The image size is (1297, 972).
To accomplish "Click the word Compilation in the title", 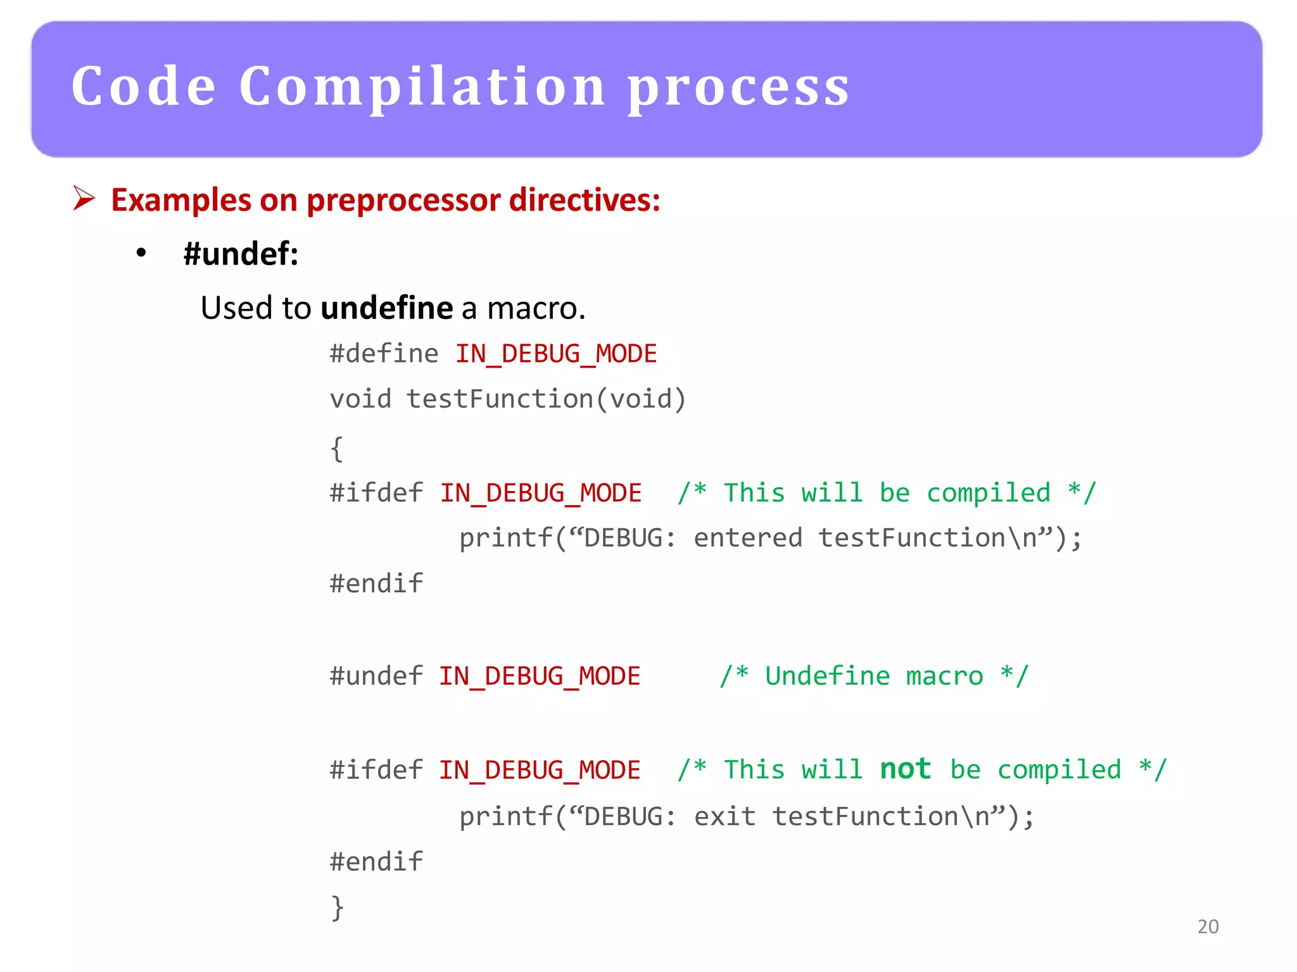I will (422, 87).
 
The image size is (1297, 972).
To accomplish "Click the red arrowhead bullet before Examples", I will (84, 198).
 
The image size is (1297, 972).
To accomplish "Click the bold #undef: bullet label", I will (241, 254).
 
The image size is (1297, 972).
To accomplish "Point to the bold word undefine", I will (387, 308).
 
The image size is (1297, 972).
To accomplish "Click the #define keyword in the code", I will (384, 354).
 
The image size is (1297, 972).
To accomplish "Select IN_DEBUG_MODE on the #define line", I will (556, 354).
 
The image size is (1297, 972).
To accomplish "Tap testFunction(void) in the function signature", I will (546, 399).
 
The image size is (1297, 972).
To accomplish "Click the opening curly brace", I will (337, 449).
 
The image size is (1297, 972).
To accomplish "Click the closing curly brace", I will (337, 907).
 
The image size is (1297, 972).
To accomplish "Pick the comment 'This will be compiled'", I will (887, 493).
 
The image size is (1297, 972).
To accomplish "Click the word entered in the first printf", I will (748, 538).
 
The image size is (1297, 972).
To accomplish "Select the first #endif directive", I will (376, 583).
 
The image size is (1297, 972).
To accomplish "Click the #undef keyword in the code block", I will (376, 676).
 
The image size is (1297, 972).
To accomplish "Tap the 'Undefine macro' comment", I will (874, 676).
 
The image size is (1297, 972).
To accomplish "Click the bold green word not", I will (905, 769).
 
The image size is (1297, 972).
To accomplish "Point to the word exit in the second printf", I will (724, 816).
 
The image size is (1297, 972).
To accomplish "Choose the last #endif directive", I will (376, 862).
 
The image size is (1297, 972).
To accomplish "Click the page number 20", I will (1208, 926).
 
